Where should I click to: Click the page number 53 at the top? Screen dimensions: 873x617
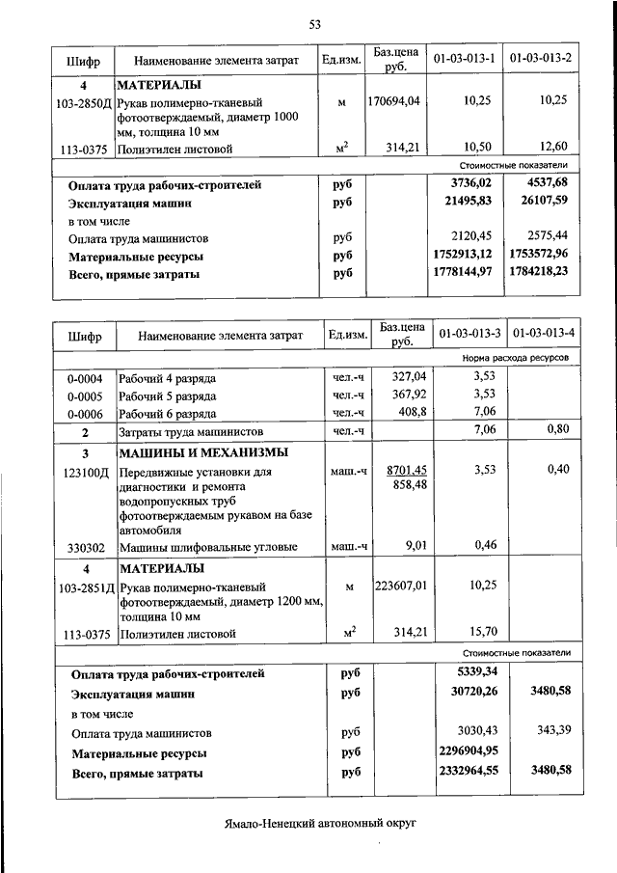pyautogui.click(x=314, y=24)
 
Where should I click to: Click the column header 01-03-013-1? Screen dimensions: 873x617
pyautogui.click(x=465, y=60)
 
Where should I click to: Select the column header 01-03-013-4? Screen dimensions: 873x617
pyautogui.click(x=545, y=334)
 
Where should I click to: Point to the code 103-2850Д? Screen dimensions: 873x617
pyautogui.click(x=85, y=101)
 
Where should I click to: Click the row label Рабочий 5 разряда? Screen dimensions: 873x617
pyautogui.click(x=167, y=396)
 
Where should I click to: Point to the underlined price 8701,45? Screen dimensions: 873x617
pyautogui.click(x=406, y=470)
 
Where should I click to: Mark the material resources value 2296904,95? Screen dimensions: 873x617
pyautogui.click(x=464, y=751)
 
